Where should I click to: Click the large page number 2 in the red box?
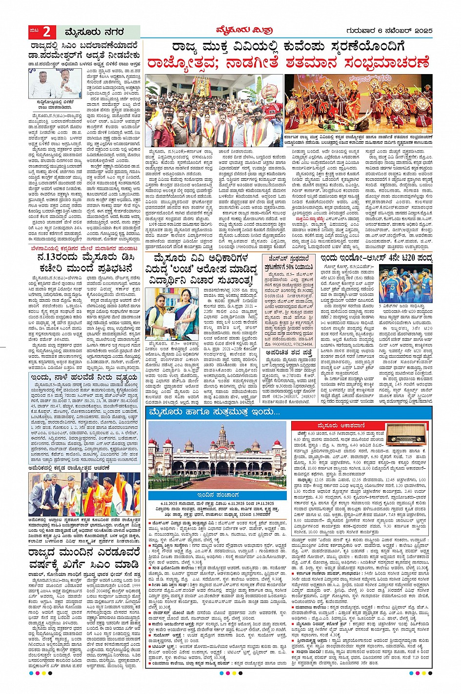(47, 32)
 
